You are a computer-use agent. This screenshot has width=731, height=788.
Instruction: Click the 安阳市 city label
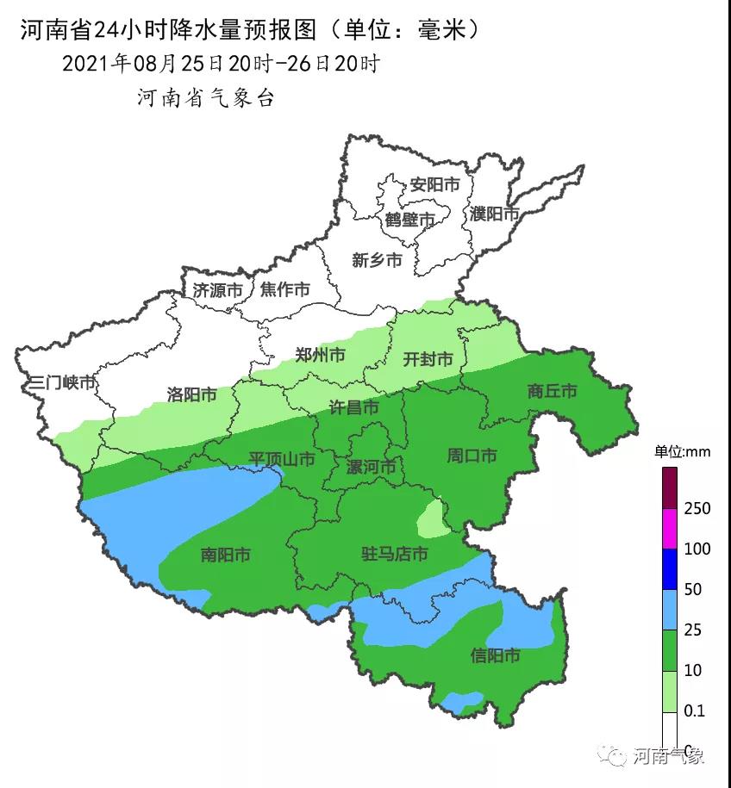pos(434,184)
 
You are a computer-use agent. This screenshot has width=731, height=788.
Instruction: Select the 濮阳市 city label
pos(495,214)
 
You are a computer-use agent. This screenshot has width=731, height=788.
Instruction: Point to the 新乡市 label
pos(377,259)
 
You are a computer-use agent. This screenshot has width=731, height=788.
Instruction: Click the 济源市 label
pos(217,290)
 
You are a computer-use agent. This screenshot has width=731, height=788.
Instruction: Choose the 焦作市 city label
pos(284,290)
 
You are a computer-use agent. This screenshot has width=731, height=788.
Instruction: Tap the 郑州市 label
pos(320,355)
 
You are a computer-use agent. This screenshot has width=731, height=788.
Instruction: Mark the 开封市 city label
pos(428,359)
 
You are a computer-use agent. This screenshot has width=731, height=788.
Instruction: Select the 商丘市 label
pos(552,391)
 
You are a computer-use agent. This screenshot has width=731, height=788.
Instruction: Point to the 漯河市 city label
pos(371,467)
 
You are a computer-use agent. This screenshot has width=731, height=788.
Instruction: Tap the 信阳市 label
pos(495,656)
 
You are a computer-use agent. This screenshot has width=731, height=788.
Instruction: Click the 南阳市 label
pos(225,555)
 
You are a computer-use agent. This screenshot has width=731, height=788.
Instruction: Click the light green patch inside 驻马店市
pos(431,519)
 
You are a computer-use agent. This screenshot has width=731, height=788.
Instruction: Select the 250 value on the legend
pos(696,509)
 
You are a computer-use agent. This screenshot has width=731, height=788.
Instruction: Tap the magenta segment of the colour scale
pos(670,528)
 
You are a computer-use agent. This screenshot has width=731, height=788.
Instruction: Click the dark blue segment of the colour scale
pos(670,568)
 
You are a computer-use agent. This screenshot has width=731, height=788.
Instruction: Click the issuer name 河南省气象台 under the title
pos(205,98)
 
